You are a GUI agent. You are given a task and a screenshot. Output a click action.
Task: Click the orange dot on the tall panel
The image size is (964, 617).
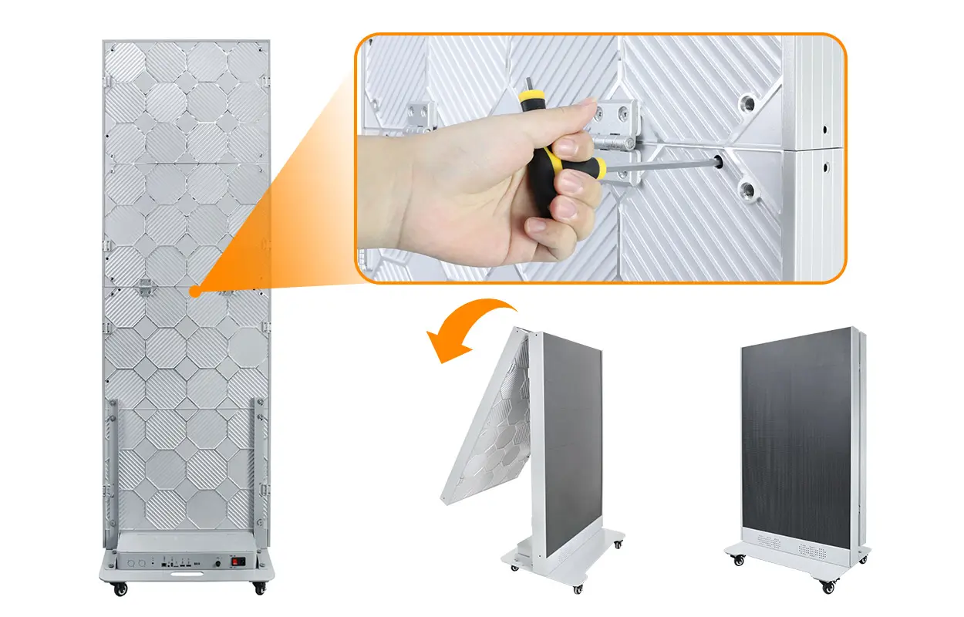[x=195, y=292]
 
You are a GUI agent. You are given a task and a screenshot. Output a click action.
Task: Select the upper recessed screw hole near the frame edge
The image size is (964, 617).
[x=746, y=103]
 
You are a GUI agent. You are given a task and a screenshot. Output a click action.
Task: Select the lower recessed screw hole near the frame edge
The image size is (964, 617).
[x=747, y=188]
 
